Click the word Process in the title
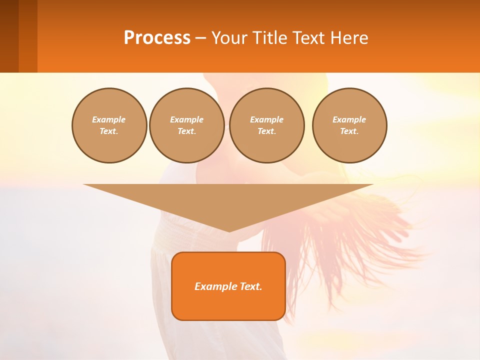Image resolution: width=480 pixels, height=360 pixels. tap(157, 38)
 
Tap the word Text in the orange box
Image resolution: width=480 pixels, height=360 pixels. tap(250, 286)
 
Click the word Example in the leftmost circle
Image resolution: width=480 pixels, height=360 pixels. tap(109, 119)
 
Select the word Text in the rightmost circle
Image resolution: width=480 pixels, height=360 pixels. tap(349, 131)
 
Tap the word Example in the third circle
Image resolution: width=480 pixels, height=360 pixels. tap(266, 119)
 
